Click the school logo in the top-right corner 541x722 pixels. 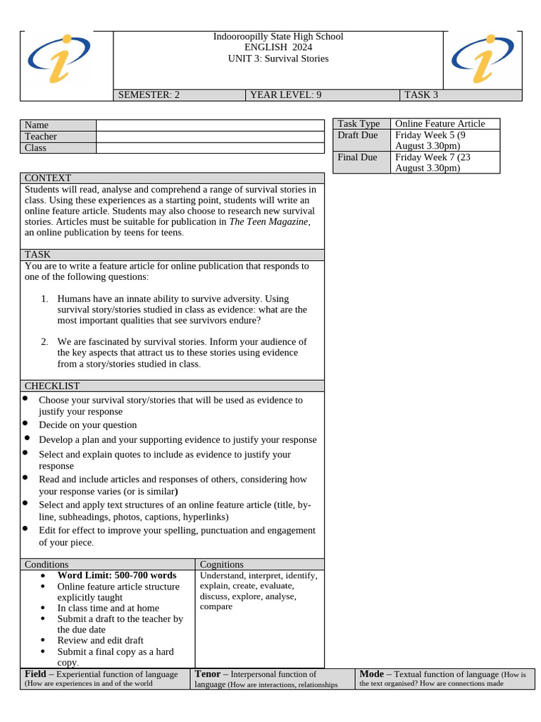tap(482, 60)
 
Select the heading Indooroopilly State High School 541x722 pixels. tap(278, 37)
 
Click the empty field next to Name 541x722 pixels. tap(209, 126)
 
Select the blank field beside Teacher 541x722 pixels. tap(209, 137)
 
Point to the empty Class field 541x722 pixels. tap(209, 148)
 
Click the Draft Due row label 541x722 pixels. tap(358, 135)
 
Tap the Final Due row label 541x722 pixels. tap(357, 157)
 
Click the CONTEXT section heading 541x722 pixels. tap(48, 178)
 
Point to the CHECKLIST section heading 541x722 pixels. tap(52, 386)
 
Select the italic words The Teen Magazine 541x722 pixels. tap(268, 221)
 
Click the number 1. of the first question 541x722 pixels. tap(44, 299)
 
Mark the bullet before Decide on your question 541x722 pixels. tap(25, 424)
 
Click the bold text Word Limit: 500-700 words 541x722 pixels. tap(117, 575)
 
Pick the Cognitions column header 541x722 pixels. tap(222, 565)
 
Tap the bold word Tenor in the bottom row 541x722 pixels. tap(208, 674)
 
